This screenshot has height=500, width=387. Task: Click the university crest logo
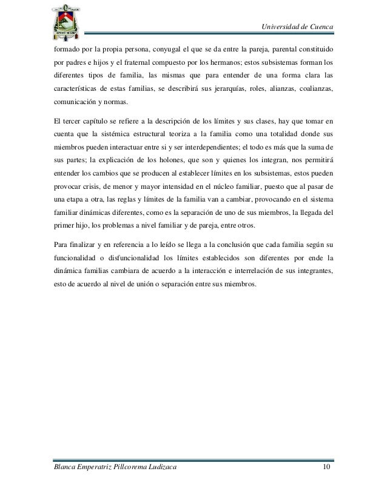(x=62, y=20)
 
